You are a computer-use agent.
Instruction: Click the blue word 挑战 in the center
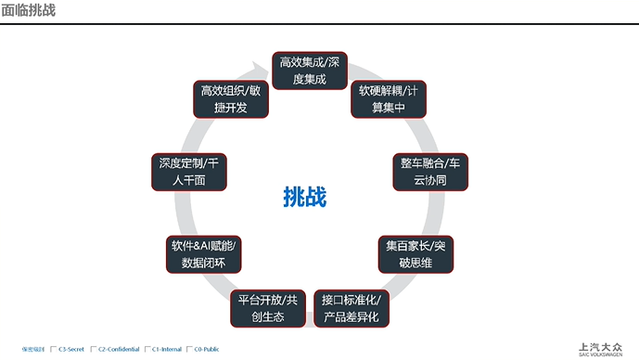click(x=305, y=197)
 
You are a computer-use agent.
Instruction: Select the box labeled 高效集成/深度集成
click(x=310, y=71)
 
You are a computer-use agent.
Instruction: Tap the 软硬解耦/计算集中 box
click(x=389, y=99)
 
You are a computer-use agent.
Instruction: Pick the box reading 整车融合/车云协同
click(x=423, y=172)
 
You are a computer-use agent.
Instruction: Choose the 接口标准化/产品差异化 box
click(x=351, y=308)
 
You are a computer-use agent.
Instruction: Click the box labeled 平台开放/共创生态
click(x=267, y=308)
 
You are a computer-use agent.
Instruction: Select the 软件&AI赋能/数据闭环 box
click(x=204, y=254)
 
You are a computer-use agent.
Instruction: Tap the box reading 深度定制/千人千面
click(x=188, y=172)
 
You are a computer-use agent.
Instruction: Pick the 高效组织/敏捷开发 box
click(x=231, y=98)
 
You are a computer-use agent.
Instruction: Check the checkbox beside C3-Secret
click(x=54, y=350)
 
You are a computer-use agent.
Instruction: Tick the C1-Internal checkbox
click(x=147, y=350)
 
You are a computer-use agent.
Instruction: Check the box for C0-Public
click(x=188, y=350)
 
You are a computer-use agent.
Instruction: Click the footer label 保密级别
click(x=33, y=350)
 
